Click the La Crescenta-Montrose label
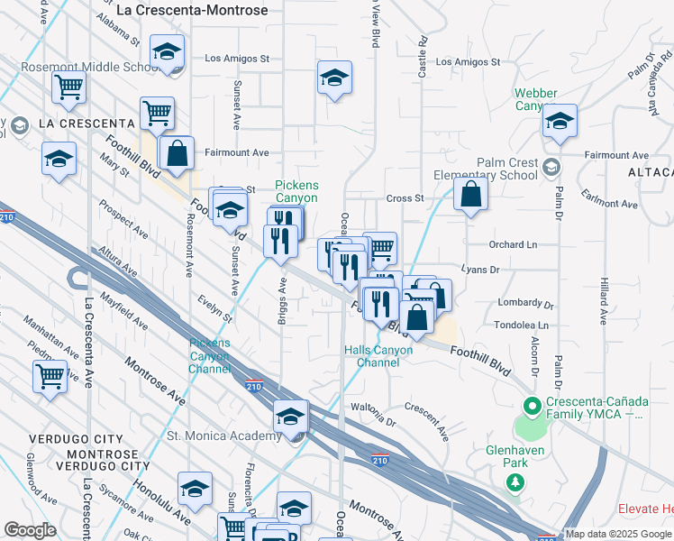193,10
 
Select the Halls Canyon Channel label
378,356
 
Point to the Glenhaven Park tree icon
515,482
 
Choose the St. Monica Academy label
224,436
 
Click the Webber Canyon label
535,99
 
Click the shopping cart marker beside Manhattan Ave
50,376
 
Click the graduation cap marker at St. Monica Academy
291,417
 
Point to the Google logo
31,530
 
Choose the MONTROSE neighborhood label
90,452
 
